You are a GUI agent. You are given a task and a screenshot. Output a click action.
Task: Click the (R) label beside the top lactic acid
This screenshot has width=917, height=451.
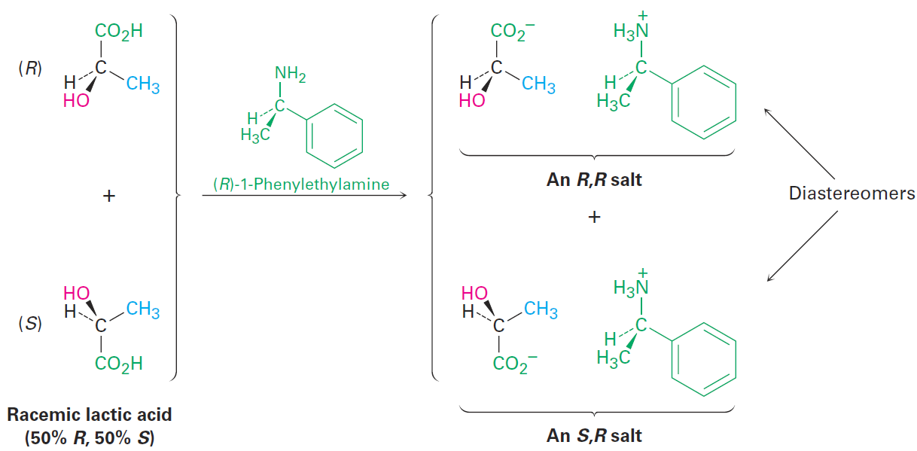[x=30, y=69]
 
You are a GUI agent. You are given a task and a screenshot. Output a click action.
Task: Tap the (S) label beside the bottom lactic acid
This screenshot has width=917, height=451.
[x=30, y=324]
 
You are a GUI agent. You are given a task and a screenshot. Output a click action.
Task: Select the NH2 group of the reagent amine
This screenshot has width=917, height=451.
[x=291, y=74]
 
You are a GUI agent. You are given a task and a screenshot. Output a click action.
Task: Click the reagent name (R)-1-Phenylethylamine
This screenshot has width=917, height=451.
[x=301, y=184]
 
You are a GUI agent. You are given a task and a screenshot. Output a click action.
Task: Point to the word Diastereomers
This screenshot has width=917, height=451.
[x=851, y=194]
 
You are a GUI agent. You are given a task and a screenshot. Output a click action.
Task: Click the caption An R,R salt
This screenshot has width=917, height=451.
[x=594, y=180]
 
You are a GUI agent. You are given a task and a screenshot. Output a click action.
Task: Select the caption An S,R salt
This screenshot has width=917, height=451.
[x=594, y=435]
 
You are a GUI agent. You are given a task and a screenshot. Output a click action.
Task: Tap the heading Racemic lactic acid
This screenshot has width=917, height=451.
[x=90, y=415]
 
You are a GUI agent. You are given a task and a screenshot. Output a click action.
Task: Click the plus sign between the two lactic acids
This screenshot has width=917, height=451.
[x=109, y=196]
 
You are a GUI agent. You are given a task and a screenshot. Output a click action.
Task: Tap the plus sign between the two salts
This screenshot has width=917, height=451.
[x=594, y=217]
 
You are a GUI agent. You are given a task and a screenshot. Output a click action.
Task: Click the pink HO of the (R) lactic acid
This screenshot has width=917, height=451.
[x=76, y=101]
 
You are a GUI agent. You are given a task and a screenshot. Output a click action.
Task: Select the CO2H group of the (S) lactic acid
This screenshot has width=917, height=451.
[x=119, y=364]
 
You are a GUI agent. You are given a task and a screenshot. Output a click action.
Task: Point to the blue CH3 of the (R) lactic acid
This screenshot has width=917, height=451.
[x=143, y=84]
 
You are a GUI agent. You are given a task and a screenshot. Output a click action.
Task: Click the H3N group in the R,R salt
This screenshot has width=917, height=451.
[x=631, y=28]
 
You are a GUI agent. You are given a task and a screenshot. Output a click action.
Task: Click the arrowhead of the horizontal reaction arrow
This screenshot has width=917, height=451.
[x=404, y=196]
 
